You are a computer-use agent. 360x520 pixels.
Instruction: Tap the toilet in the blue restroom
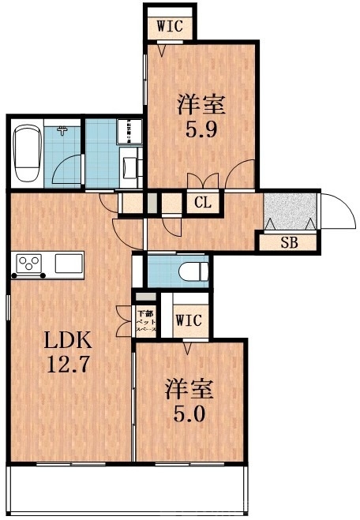(x=193, y=271)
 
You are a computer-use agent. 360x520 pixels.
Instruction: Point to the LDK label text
(x=67, y=342)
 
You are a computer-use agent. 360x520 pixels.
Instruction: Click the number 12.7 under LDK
(x=67, y=366)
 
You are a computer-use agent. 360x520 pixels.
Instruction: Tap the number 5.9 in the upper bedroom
(x=201, y=128)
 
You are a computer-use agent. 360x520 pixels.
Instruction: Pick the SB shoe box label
(x=289, y=242)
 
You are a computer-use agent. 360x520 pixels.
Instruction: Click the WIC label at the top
(x=170, y=25)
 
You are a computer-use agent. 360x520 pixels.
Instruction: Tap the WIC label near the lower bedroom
(x=187, y=320)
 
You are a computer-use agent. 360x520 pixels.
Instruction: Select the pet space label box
(x=146, y=319)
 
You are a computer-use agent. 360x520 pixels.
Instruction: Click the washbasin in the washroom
(x=129, y=166)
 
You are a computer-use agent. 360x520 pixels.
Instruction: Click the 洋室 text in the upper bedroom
(x=201, y=103)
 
